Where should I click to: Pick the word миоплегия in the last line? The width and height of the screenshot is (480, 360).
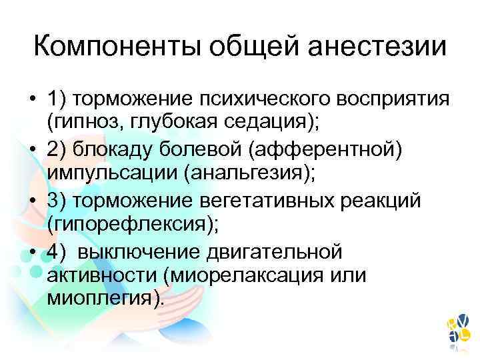click(102, 299)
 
